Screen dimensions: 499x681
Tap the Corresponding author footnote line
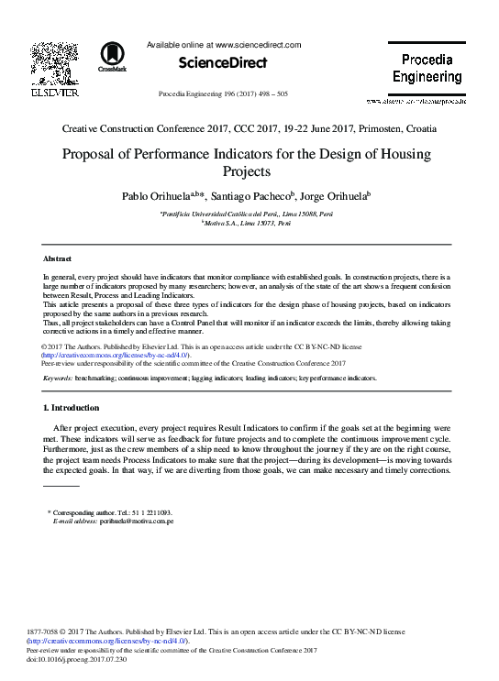[x=109, y=512]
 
